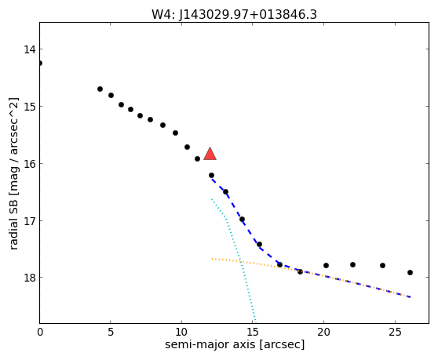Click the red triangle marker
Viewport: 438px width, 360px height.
tap(210, 154)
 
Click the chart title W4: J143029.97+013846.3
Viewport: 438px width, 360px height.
tap(234, 15)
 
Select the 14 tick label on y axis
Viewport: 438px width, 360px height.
tap(30, 49)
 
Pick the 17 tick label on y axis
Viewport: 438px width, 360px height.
tap(30, 220)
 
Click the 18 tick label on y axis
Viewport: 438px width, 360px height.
tap(30, 278)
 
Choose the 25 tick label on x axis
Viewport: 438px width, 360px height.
tap(395, 332)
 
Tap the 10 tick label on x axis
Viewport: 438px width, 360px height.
tap(181, 332)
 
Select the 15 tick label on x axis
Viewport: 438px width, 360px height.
tap(253, 332)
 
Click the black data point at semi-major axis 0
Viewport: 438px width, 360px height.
tap(40, 63)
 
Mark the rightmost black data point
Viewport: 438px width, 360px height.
tap(410, 272)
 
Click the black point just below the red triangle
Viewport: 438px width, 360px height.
tap(211, 175)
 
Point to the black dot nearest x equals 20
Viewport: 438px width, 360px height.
tap(326, 265)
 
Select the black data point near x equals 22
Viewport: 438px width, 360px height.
tap(352, 264)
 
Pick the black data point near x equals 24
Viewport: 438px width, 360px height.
tap(383, 265)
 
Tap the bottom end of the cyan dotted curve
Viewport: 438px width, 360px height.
tap(255, 322)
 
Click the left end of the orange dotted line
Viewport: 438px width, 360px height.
tap(212, 259)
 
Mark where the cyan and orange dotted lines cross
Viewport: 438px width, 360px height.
tap(240, 261)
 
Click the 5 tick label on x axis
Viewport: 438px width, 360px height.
tap(111, 332)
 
